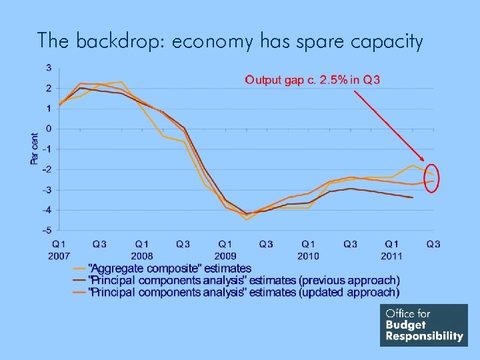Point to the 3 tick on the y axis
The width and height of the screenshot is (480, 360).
(49, 67)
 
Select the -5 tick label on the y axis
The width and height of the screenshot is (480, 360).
(47, 230)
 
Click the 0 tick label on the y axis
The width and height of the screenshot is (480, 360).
(49, 129)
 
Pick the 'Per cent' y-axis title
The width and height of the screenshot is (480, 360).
(35, 148)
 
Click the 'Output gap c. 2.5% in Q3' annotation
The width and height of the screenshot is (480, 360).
(312, 81)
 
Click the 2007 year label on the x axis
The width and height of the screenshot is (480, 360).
(59, 255)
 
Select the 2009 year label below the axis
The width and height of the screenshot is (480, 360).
(225, 255)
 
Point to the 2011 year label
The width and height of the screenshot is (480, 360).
(391, 255)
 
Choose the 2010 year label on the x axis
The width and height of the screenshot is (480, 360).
(308, 255)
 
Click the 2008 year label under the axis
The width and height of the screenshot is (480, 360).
(142, 255)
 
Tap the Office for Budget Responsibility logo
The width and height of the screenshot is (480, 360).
(423, 325)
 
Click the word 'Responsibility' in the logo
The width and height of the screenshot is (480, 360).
(424, 336)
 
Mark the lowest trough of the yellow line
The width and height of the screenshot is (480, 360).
(247, 219)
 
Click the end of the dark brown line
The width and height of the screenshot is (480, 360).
(413, 197)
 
